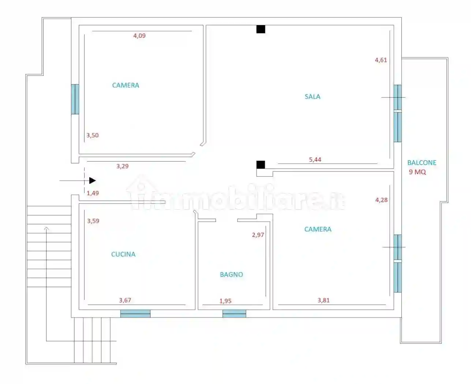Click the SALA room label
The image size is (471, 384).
point(312,97)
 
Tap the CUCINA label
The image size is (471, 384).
point(123,254)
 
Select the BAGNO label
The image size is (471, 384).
point(231,274)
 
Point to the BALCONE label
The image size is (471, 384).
point(422,163)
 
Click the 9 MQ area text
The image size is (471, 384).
point(417,172)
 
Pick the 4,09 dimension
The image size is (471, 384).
point(139,36)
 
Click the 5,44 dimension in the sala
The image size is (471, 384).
point(315,159)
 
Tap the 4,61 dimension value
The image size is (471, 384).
point(381,60)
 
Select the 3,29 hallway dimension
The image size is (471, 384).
point(123,166)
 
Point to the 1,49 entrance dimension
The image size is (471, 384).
point(93,193)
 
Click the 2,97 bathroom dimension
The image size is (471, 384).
point(258,235)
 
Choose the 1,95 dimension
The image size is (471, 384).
point(225,301)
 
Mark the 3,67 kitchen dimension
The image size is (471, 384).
point(125,300)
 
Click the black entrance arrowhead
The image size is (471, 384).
point(93,180)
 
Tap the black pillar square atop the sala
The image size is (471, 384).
point(261,29)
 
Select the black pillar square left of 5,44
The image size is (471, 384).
point(261,165)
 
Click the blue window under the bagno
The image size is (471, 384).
point(234,313)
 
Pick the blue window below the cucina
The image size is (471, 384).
point(135,313)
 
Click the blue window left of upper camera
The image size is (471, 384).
point(75,99)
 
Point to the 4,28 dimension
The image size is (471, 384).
point(381,200)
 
